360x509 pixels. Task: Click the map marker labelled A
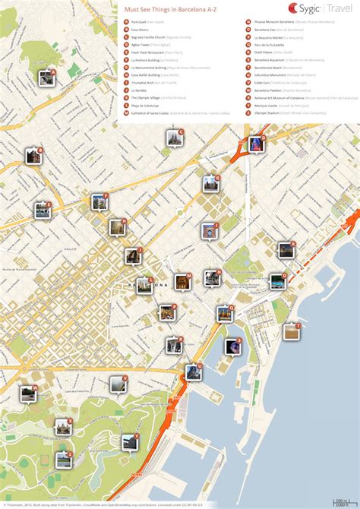(46, 77)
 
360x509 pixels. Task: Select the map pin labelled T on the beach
(291, 331)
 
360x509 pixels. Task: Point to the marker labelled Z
(64, 460)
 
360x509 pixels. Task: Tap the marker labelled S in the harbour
(232, 346)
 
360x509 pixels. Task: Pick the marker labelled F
(43, 210)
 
